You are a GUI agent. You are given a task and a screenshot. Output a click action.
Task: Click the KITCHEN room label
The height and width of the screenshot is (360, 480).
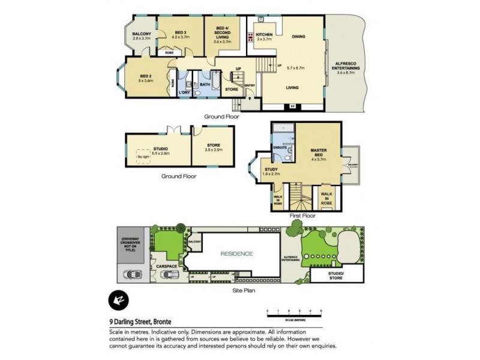tap(265, 35)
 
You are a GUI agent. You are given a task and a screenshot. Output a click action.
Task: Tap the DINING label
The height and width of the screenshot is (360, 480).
tap(299, 37)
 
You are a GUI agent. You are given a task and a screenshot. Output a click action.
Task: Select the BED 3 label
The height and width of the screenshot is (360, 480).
tap(181, 32)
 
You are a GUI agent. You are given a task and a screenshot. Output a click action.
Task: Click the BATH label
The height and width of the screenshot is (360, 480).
tap(205, 85)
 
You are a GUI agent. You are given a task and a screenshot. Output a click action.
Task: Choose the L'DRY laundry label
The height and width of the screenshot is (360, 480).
tap(185, 92)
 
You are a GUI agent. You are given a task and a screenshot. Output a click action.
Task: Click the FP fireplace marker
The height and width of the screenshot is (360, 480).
tap(292, 107)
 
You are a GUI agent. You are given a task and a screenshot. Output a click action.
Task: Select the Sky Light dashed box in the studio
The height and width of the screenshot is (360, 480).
tap(143, 156)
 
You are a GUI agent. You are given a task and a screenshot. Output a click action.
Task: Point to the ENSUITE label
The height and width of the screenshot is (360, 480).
tap(279, 147)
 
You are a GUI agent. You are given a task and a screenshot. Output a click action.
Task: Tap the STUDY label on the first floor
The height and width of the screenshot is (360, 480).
tap(272, 170)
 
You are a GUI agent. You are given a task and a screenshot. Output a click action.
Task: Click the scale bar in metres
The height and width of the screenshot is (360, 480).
tap(295, 312)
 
